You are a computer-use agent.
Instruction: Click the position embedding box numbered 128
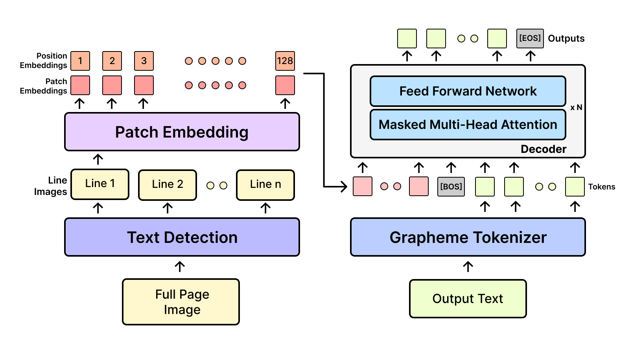[285, 61]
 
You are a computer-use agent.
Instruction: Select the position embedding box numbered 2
[112, 61]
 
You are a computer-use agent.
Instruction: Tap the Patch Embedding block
[182, 132]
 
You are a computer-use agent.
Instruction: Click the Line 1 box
[100, 184]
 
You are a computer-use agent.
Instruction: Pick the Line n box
[265, 185]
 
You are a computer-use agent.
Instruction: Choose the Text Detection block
[182, 237]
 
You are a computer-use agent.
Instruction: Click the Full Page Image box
[181, 302]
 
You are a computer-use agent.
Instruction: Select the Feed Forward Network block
[468, 91]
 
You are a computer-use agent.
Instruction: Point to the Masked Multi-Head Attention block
[468, 125]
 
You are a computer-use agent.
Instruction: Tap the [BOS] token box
[451, 187]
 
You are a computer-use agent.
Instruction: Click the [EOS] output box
[530, 39]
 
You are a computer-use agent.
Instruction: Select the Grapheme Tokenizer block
[468, 237]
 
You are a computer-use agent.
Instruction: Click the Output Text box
[468, 299]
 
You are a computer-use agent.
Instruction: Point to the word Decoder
[544, 149]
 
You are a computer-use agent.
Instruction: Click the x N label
[576, 107]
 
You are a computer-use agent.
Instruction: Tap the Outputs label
[566, 39]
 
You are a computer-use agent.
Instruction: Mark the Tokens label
[602, 187]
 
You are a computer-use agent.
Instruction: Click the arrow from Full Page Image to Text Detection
[180, 267]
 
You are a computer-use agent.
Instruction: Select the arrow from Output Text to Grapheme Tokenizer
[468, 267]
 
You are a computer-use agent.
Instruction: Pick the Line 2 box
[168, 185]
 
